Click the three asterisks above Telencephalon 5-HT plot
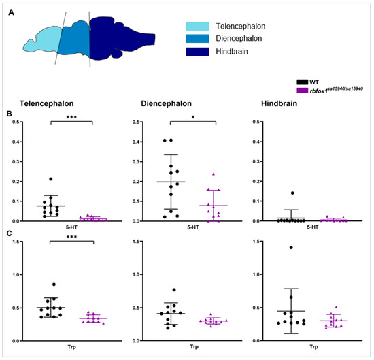pyautogui.click(x=71, y=117)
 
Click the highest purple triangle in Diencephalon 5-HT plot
pyautogui.click(x=214, y=175)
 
